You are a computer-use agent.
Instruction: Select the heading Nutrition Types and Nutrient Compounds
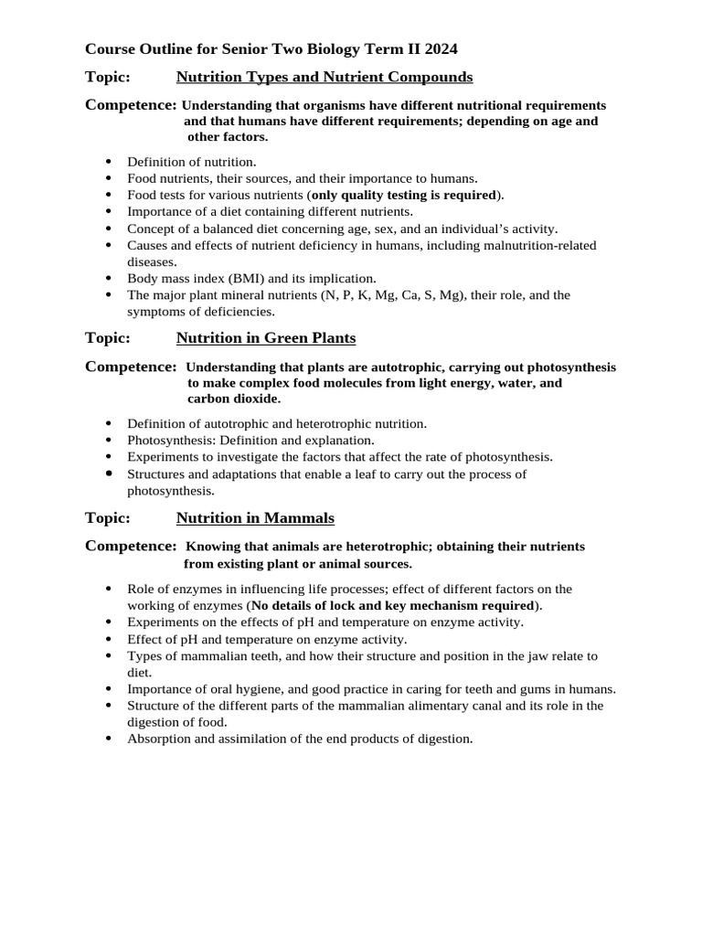(x=324, y=77)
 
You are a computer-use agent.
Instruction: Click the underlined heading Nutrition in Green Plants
(x=265, y=338)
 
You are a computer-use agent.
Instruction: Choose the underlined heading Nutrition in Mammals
(x=255, y=518)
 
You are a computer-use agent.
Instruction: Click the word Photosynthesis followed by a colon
(x=167, y=440)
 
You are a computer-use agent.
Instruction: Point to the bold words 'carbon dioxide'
(x=234, y=399)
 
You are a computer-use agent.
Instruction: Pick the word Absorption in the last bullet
(x=156, y=738)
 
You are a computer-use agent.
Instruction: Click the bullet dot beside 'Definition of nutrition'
(x=110, y=162)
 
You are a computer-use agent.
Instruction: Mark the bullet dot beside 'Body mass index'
(x=110, y=278)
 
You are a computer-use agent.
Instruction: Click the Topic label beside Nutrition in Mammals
(x=107, y=518)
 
